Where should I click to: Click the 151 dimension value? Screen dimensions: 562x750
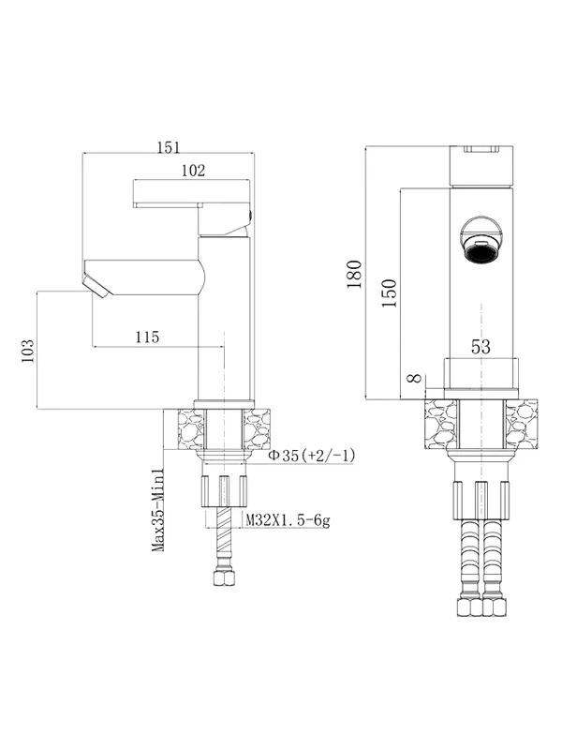point(170,147)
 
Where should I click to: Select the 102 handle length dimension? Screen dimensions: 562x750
point(193,171)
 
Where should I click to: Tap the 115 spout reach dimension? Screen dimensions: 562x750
point(147,337)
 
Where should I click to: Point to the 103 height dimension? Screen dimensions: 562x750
point(28,351)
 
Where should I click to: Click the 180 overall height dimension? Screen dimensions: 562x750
point(355,274)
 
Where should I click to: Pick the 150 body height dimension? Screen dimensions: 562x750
point(390,293)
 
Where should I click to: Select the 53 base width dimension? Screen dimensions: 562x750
point(481,346)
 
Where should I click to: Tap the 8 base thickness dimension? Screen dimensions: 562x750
point(415,379)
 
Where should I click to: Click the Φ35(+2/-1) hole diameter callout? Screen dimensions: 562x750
point(312,456)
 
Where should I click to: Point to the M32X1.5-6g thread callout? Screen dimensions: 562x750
point(288,519)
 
